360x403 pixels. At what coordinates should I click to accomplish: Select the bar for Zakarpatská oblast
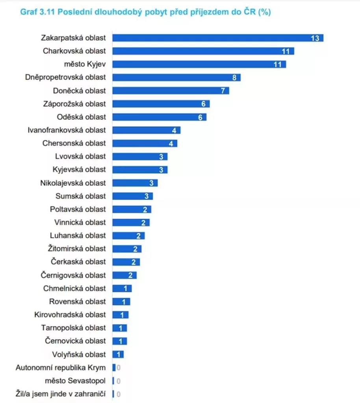tap(217, 38)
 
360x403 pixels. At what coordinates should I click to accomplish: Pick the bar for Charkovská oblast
tap(203, 51)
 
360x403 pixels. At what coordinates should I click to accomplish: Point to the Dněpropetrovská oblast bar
tap(176, 78)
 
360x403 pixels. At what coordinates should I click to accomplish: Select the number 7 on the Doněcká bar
tap(223, 91)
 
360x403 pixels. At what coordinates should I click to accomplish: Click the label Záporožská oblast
tap(74, 104)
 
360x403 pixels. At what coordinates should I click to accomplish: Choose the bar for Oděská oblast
tap(159, 117)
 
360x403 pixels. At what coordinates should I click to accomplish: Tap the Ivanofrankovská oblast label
tap(67, 130)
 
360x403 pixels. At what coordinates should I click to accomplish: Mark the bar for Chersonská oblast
tap(145, 143)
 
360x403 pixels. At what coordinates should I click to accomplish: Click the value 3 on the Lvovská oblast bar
tap(161, 157)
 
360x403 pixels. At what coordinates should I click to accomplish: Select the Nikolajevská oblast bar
tap(135, 183)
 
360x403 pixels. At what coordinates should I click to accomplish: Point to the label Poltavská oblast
tap(78, 209)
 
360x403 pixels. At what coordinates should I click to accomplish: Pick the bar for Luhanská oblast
tap(128, 236)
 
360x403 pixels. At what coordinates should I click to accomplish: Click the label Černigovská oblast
tap(73, 275)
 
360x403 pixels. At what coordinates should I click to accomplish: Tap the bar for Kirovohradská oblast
tap(120, 315)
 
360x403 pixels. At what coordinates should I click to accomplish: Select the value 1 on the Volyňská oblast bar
tap(119, 354)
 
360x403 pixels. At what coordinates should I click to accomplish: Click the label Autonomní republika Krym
tap(61, 368)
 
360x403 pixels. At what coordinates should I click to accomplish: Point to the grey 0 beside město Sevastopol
tap(118, 381)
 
